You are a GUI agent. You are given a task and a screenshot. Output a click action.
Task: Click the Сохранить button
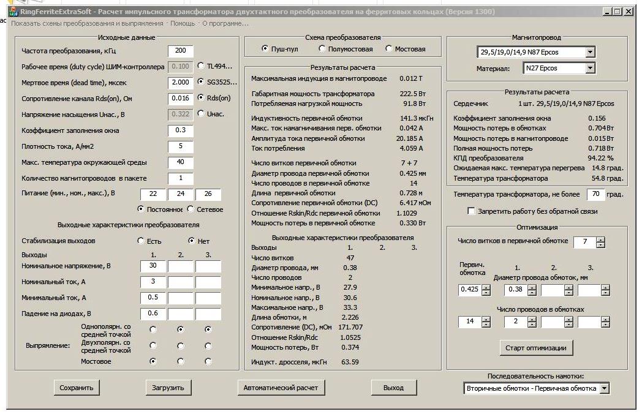77,388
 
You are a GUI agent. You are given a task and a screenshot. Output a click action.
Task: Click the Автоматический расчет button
281,388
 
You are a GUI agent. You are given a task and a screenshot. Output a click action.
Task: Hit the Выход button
393,388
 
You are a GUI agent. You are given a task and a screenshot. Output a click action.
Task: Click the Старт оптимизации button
536,348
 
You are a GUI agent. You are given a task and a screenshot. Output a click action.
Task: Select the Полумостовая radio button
322,49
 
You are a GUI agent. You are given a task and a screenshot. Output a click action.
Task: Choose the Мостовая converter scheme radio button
388,49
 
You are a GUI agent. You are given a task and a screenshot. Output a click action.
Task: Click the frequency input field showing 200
181,51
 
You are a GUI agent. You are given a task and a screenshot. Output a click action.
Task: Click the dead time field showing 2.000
181,82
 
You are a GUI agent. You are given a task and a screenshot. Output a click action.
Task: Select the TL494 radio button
201,66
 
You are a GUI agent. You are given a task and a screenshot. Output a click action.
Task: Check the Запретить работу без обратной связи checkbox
471,211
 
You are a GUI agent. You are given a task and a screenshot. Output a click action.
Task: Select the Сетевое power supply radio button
191,209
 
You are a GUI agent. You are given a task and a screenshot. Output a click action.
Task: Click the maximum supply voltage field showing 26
208,194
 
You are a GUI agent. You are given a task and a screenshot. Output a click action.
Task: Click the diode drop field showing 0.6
153,314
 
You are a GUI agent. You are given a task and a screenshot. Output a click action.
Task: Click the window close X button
629,12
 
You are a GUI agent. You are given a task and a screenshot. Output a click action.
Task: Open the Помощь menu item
183,23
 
